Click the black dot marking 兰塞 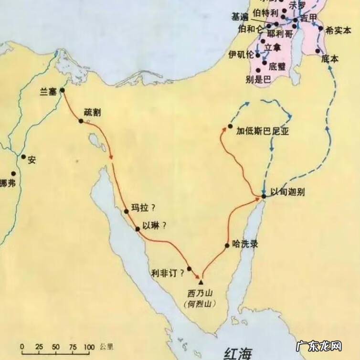point(62,89)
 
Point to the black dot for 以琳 point(138,229)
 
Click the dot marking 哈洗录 point(227,246)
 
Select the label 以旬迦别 point(287,192)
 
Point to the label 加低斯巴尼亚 point(263,132)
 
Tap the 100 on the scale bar point(89,346)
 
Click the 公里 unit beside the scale point(106,346)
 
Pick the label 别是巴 point(258,80)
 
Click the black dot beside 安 point(23,157)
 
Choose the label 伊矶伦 point(242,53)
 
